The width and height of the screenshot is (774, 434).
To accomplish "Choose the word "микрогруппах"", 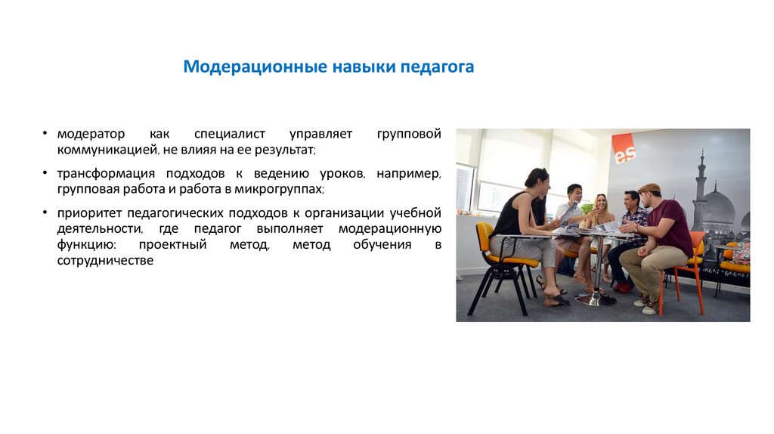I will point(283,189).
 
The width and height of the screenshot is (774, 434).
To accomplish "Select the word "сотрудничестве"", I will point(105,260).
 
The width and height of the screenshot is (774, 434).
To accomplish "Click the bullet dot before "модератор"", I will point(47,135).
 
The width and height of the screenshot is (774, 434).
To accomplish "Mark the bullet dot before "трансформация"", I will point(47,174).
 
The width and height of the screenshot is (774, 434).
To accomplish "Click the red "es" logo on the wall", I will point(624,149).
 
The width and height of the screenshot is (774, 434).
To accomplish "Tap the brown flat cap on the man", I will point(649,188).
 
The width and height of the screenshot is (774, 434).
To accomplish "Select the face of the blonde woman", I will point(602,202).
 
